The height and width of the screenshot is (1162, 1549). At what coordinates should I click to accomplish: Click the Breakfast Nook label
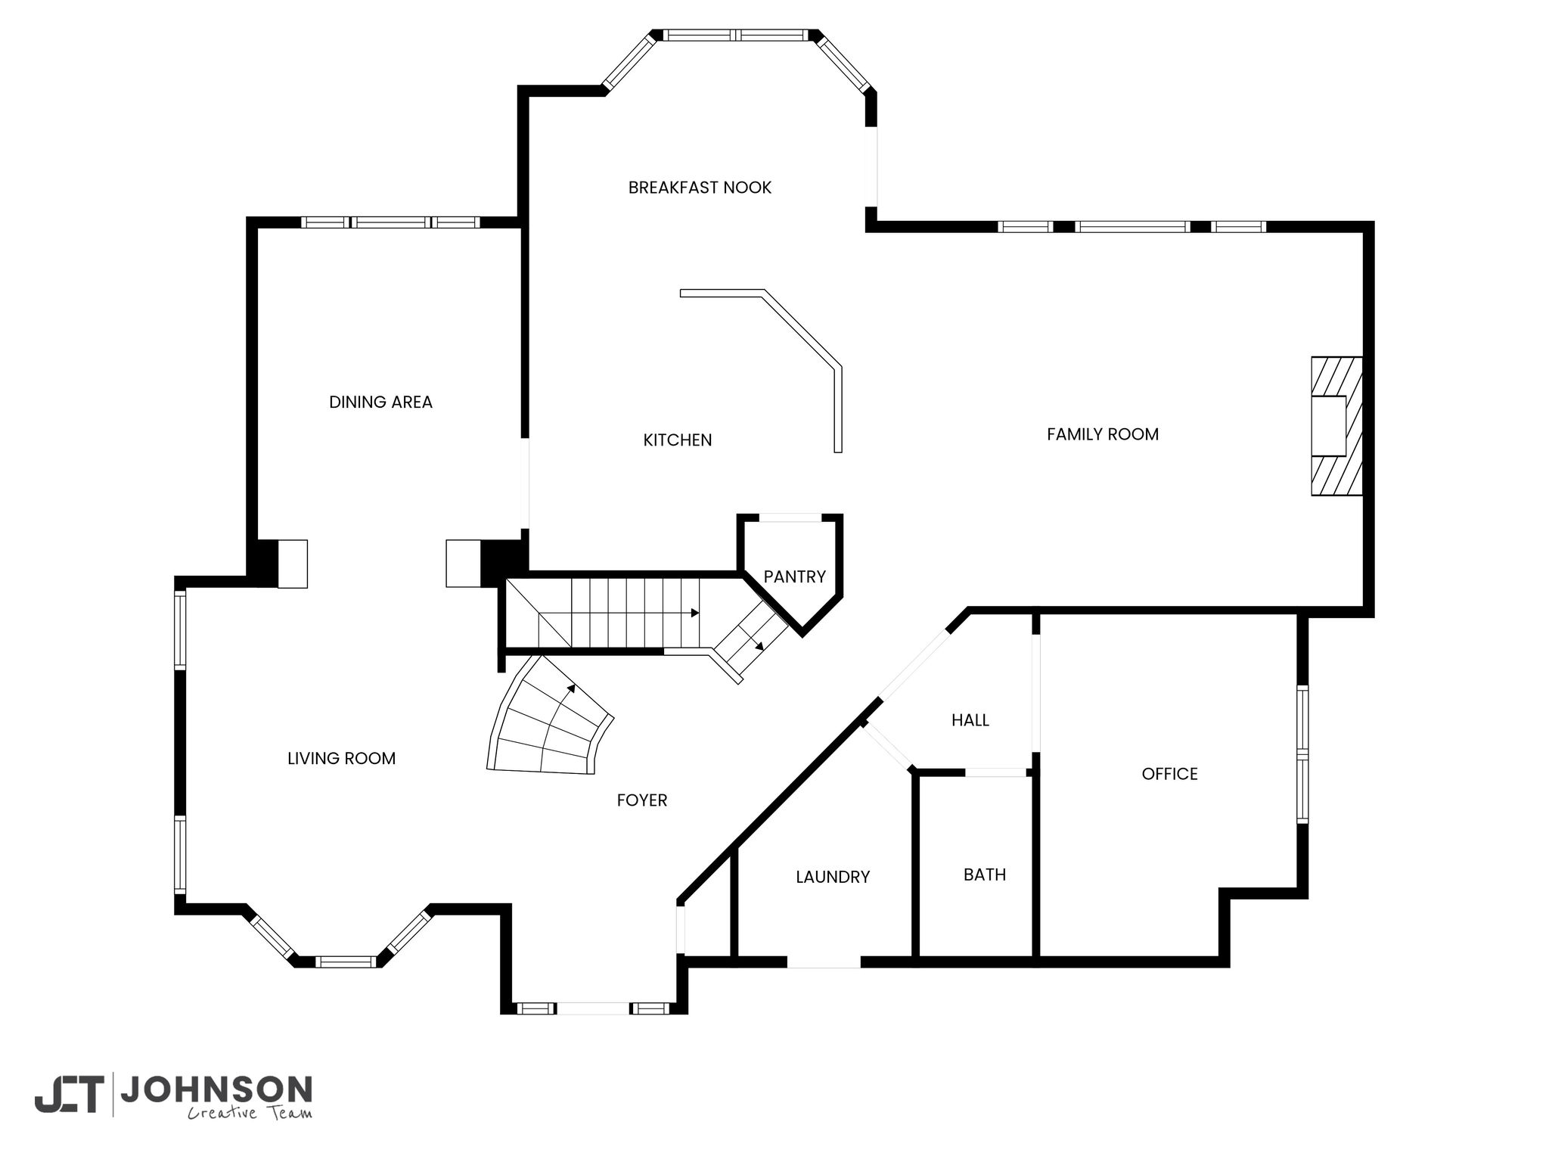coord(700,188)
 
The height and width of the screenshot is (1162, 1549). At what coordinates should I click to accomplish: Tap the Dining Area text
coord(380,402)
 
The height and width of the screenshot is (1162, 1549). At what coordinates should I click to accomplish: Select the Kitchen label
coord(678,440)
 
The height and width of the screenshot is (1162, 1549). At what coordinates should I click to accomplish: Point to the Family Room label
coord(1103,434)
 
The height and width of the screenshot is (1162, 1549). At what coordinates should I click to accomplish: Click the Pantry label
coord(794,576)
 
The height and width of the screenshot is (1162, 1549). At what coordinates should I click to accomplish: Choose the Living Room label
coord(341,758)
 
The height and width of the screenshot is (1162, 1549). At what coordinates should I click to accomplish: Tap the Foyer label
coord(642,800)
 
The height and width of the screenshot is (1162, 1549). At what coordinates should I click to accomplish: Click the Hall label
coord(970,720)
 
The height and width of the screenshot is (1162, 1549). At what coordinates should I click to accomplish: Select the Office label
coord(1170,774)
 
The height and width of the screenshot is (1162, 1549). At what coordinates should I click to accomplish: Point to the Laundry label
coord(833,877)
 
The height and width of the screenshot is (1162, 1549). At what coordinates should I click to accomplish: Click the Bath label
coord(985,875)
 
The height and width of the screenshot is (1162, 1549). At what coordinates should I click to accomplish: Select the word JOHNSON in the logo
coord(216,1090)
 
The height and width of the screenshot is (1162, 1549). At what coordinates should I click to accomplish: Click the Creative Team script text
coord(250,1113)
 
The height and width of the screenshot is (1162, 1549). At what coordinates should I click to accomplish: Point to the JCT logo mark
coord(69,1095)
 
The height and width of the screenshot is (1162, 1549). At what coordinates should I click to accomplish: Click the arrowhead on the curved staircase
coord(571,688)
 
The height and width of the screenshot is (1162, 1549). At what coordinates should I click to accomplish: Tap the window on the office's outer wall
coord(1302,754)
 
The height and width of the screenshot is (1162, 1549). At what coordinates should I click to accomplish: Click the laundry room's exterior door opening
coord(824,962)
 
